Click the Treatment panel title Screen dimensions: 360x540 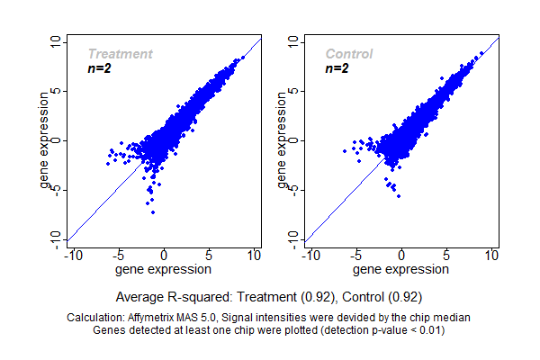[120, 54]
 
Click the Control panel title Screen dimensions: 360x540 [349, 54]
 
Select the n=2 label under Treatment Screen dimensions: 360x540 [99, 68]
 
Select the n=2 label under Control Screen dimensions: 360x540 [337, 68]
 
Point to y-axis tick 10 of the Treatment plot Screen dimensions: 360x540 [57, 42]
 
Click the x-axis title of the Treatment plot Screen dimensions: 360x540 [164, 269]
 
